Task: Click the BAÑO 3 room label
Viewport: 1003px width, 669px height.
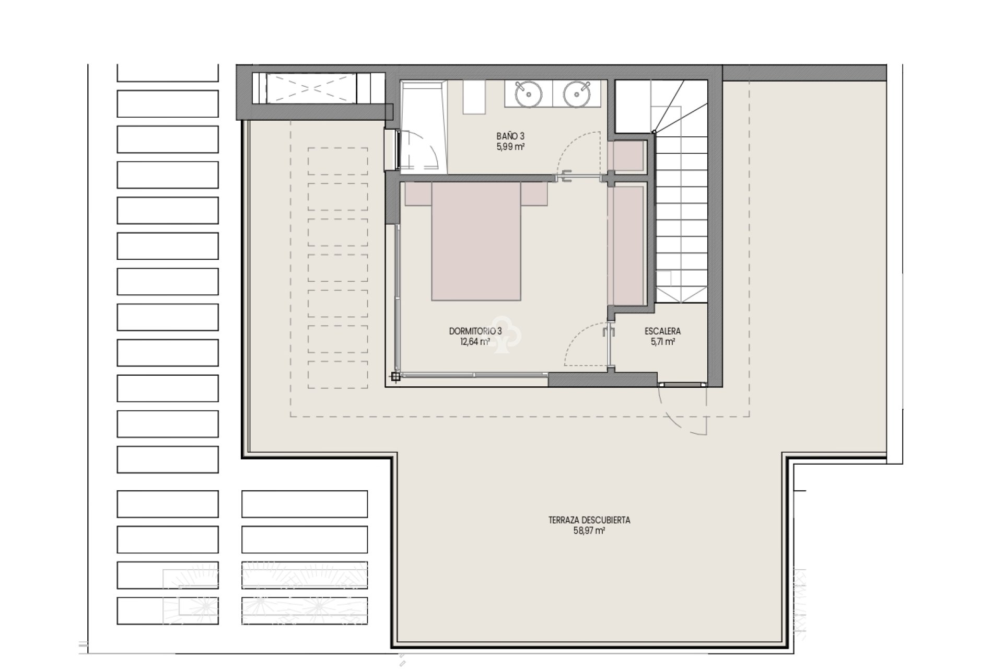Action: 510,137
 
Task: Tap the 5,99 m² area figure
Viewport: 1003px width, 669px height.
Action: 510,147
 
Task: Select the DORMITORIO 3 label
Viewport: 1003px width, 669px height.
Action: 475,331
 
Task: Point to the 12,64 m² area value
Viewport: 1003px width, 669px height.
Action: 475,342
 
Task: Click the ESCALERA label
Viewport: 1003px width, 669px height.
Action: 662,331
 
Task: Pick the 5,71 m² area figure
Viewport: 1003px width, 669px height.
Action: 662,342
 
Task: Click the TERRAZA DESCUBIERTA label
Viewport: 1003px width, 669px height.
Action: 589,520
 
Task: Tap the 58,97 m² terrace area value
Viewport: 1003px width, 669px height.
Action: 589,531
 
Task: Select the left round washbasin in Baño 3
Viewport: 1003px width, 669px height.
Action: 528,94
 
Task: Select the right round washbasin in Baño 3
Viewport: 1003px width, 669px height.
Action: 577,94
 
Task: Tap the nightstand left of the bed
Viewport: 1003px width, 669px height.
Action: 418,193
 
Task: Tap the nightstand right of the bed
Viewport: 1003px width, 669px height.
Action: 534,193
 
